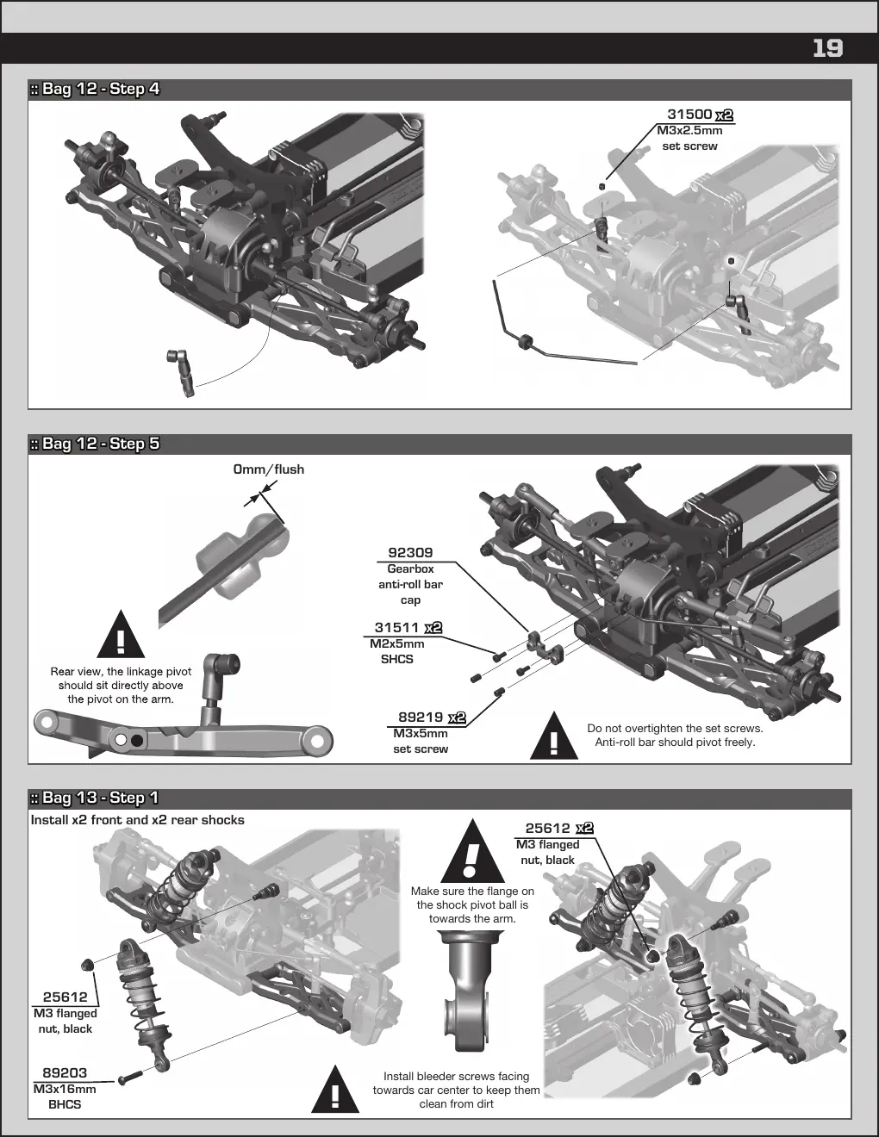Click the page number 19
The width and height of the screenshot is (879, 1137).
[x=827, y=48]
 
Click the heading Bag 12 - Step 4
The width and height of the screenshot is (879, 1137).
[x=95, y=89]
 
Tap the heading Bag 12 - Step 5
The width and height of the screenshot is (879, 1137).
[x=95, y=444]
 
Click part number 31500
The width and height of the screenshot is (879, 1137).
[x=689, y=114]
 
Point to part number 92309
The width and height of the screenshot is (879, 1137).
[x=410, y=552]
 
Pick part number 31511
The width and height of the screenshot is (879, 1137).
[x=396, y=627]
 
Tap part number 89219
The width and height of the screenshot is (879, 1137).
[x=421, y=717]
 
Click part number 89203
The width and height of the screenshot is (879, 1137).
[x=65, y=1072]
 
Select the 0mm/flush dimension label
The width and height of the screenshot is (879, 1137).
[x=269, y=469]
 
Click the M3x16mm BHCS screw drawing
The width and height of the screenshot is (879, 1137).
[x=130, y=1078]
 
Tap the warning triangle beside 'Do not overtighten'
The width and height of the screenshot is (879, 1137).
[x=554, y=736]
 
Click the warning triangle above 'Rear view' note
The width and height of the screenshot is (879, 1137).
[x=121, y=635]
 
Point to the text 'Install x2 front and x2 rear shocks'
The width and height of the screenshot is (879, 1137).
[x=138, y=820]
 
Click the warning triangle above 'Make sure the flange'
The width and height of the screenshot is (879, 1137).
[x=473, y=851]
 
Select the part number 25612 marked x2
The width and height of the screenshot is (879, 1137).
[x=547, y=829]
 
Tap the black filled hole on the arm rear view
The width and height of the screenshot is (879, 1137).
[x=137, y=741]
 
